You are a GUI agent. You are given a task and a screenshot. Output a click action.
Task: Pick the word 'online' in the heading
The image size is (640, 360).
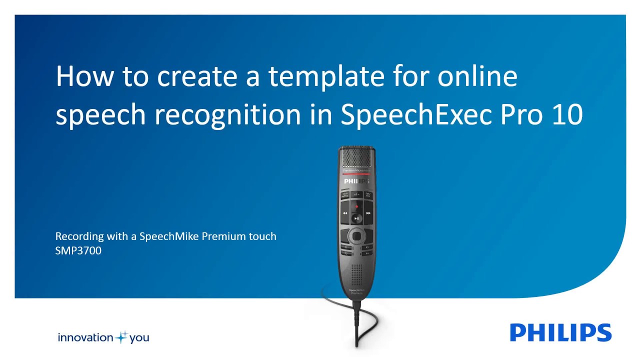(477, 76)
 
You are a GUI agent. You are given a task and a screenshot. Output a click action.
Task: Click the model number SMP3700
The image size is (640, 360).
(78, 250)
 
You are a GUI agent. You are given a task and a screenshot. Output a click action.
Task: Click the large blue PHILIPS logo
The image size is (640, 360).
(560, 332)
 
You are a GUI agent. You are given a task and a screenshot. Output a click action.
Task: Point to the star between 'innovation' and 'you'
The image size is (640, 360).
(121, 337)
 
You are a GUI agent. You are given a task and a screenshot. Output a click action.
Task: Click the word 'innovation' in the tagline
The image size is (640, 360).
(85, 337)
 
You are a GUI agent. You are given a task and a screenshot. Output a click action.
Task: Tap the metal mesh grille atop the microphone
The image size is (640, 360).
(356, 158)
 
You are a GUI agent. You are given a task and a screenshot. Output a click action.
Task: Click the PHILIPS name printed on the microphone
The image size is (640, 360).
(356, 181)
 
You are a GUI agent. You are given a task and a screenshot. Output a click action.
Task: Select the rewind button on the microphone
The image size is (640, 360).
(345, 213)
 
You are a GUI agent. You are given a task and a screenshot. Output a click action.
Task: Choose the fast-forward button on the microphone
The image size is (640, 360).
(368, 213)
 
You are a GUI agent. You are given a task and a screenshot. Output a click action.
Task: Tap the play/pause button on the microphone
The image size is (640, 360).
(356, 218)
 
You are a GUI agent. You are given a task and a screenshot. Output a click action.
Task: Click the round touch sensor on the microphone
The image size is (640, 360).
(356, 234)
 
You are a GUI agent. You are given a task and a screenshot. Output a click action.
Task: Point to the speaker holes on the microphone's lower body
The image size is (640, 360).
(356, 273)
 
